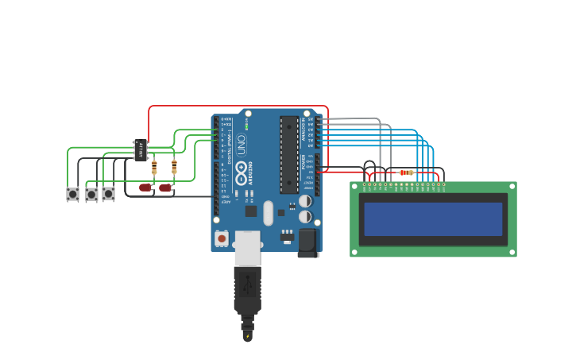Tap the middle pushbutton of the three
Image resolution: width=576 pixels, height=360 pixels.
click(91, 194)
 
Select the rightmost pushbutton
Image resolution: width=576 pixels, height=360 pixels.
click(108, 193)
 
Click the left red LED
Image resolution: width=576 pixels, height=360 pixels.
click(145, 188)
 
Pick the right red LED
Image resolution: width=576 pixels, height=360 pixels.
click(165, 188)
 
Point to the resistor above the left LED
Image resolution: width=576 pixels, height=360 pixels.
click(153, 167)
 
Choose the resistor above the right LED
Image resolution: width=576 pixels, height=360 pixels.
click(174, 166)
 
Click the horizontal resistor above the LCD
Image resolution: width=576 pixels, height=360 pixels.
click(406, 172)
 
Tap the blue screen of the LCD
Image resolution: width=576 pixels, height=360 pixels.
click(433, 219)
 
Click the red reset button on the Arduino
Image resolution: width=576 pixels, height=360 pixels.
click(222, 238)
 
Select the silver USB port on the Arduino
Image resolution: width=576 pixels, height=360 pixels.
click(248, 247)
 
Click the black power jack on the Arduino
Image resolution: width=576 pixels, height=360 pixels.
click(308, 242)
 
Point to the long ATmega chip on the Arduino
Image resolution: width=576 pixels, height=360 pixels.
click(289, 154)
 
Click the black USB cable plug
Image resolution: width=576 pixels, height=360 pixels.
click(247, 290)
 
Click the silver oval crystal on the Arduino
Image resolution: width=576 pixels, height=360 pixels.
click(269, 212)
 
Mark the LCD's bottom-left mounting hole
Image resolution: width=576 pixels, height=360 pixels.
click(355, 252)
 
